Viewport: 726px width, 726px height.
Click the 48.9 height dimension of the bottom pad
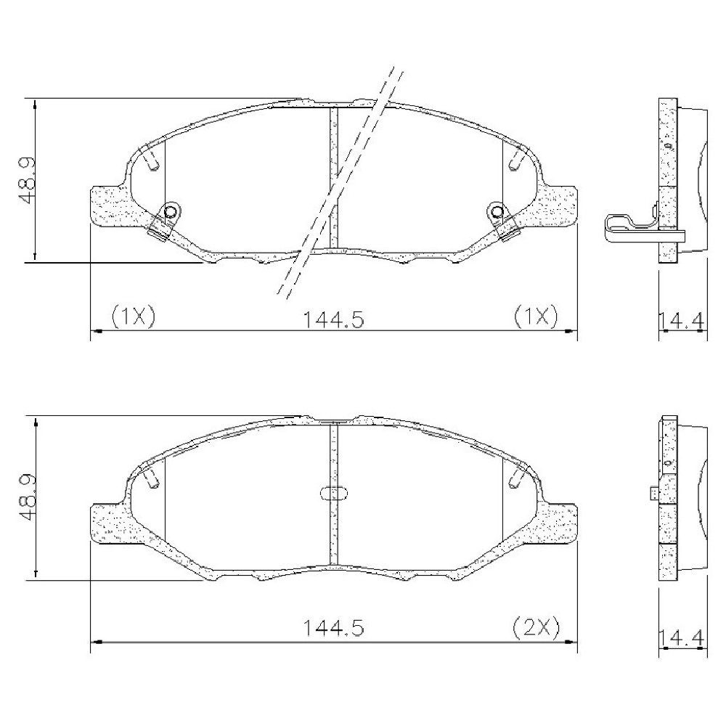[x=28, y=497]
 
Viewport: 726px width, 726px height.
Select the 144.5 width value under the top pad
[x=333, y=319]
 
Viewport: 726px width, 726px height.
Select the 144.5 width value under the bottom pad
[x=333, y=628]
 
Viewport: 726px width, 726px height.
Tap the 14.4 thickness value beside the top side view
[x=682, y=320]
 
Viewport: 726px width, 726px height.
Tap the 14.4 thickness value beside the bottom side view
[x=682, y=637]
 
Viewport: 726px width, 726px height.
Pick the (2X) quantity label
[x=537, y=628]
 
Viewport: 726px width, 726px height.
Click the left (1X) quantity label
[x=134, y=317]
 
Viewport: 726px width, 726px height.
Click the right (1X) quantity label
[x=537, y=317]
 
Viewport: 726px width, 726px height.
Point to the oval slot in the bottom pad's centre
[x=333, y=494]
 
